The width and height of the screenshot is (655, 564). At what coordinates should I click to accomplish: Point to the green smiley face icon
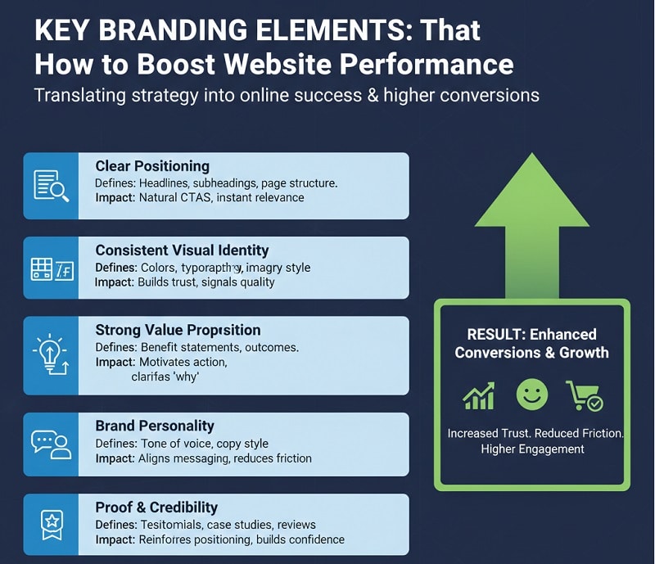click(531, 395)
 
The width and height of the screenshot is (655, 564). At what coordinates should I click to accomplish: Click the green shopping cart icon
click(584, 395)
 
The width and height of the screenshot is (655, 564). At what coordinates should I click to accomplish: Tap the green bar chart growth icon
click(479, 395)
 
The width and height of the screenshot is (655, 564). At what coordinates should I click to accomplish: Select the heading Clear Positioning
click(152, 166)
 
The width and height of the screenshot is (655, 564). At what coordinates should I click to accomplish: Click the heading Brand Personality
click(155, 426)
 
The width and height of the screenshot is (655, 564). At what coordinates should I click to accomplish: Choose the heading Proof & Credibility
click(156, 507)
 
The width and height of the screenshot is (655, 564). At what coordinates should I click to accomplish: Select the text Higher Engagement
click(532, 449)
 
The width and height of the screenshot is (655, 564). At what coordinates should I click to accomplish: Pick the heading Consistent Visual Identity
click(182, 250)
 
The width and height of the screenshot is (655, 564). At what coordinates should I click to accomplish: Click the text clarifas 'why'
click(165, 377)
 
